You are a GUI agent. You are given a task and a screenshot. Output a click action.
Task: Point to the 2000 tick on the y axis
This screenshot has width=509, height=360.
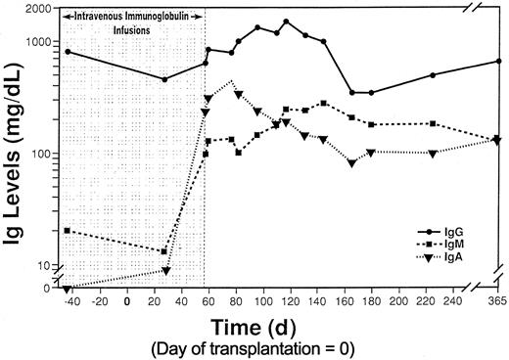point(40,8)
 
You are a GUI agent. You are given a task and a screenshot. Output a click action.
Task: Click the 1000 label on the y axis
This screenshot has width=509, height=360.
point(40,42)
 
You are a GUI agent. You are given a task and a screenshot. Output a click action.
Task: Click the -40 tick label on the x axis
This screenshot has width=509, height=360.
point(69,302)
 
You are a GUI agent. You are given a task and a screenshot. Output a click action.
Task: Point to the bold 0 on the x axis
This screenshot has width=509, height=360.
point(127,302)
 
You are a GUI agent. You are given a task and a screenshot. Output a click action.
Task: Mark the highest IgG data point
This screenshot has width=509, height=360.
point(286,21)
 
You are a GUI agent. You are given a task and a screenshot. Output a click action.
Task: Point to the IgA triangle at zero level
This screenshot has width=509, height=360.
point(67,289)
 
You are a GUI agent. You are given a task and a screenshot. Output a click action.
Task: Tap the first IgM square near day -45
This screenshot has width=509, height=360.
point(67,230)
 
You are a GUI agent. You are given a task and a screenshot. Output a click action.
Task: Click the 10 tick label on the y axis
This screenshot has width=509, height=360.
point(47,265)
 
